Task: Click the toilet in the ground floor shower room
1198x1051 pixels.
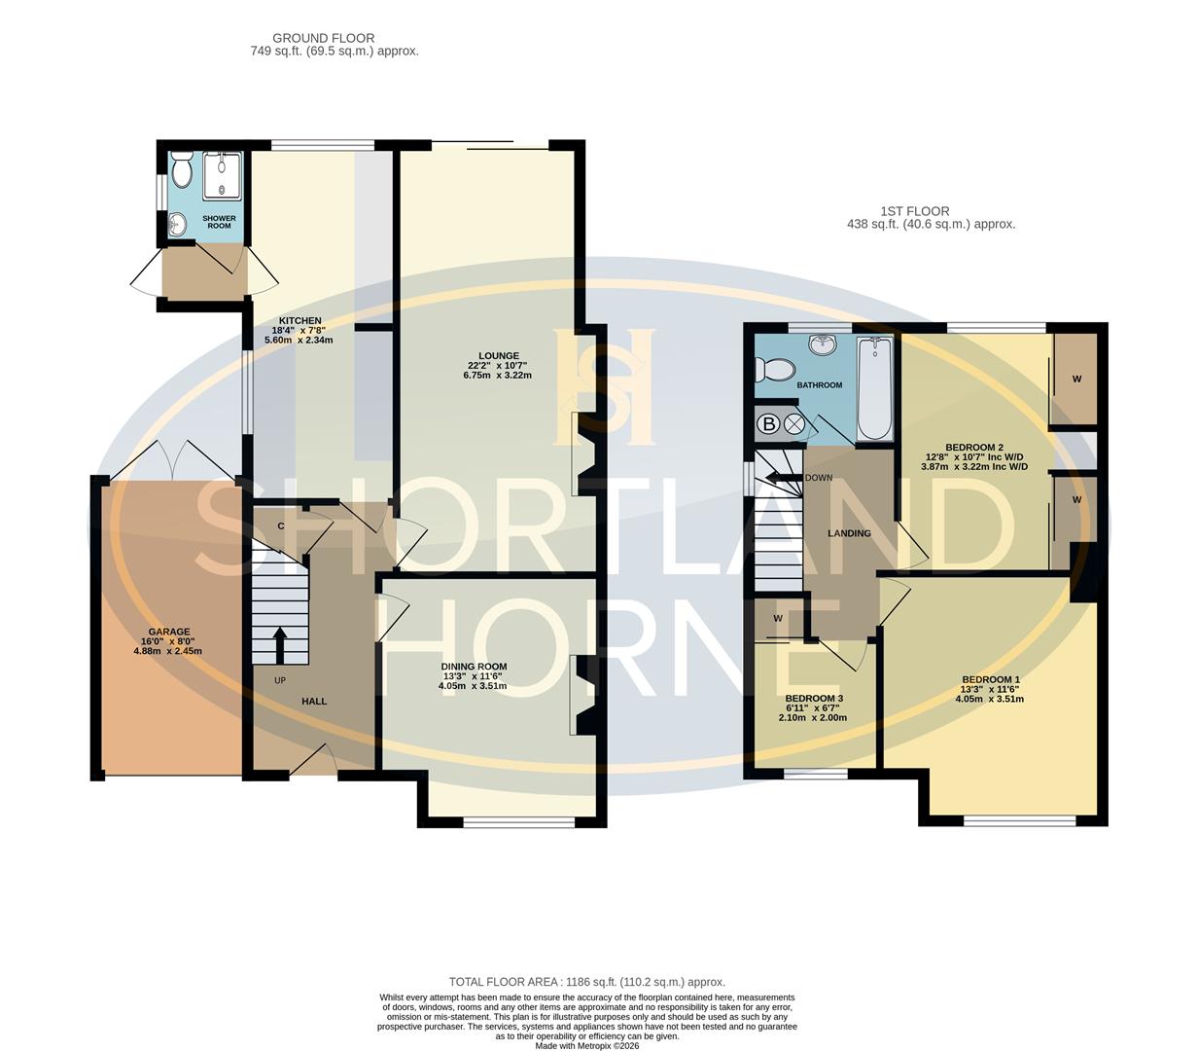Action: [x=181, y=171]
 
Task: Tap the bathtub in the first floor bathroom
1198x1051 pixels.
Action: [x=872, y=389]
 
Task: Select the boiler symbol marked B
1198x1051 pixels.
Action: [x=769, y=424]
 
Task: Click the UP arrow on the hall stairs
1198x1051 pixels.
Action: [x=280, y=643]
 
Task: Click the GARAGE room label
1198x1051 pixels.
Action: [x=169, y=632]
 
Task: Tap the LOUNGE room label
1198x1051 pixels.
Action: [x=499, y=355]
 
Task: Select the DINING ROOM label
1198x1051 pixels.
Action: [x=473, y=667]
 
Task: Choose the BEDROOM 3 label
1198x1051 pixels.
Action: [x=814, y=699]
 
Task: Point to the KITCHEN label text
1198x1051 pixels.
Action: [x=300, y=320]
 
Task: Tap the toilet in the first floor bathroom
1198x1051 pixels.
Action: [x=777, y=369]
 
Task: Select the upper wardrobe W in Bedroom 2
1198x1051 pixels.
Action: [x=1076, y=379]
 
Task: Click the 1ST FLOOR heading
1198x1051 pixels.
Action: [x=914, y=210]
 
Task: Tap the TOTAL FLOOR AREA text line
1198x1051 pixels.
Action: [x=586, y=982]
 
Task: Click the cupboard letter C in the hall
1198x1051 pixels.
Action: [x=281, y=526]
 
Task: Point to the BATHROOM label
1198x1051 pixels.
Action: [x=820, y=385]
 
